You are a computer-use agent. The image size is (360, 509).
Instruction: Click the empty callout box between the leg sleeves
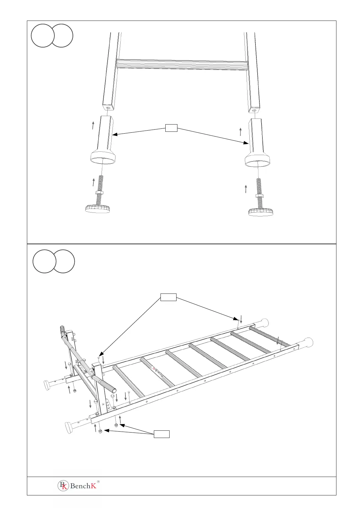click(171, 128)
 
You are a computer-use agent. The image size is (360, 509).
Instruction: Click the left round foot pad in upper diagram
click(97, 209)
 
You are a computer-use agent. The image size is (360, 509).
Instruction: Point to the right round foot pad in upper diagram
click(261, 212)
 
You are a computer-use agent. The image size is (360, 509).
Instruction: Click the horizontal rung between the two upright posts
click(181, 64)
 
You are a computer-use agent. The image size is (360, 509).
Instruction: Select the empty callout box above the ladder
click(168, 297)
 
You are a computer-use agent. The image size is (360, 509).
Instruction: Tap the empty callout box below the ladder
click(161, 434)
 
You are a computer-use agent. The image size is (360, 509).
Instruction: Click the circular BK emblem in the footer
click(63, 486)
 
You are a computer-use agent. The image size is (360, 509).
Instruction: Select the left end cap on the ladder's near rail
click(70, 428)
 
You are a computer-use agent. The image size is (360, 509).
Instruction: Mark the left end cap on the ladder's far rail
click(48, 385)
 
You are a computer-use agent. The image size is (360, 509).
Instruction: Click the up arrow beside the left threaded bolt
click(94, 182)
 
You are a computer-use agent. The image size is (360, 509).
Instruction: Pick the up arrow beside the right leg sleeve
click(241, 132)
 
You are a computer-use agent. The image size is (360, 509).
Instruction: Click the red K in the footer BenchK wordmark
click(94, 486)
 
